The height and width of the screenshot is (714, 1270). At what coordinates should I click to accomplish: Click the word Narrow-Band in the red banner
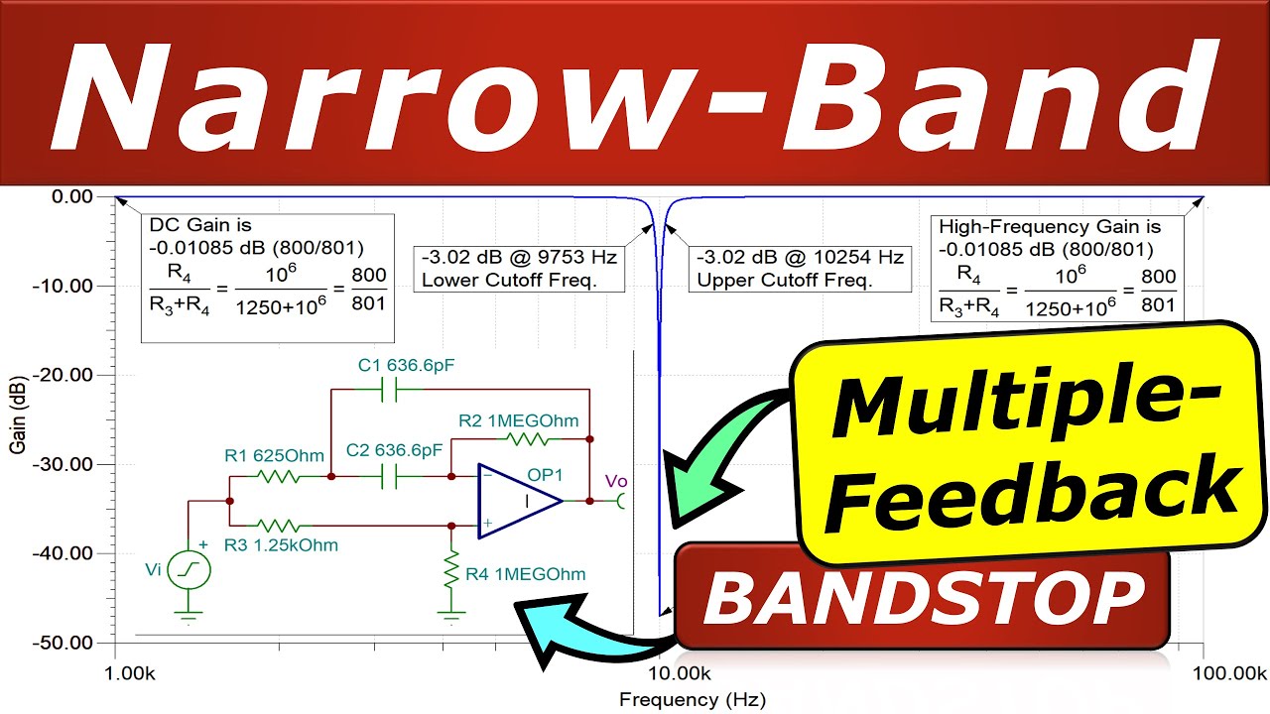click(635, 94)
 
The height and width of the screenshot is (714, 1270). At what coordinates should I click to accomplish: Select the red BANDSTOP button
click(923, 598)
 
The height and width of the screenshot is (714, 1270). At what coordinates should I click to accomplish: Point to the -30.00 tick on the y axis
click(64, 464)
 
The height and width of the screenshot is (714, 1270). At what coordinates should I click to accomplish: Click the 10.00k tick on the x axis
click(659, 673)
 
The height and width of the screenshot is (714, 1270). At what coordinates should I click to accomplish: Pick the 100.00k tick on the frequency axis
click(1203, 673)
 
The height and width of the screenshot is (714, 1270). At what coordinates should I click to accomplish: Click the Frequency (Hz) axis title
click(693, 700)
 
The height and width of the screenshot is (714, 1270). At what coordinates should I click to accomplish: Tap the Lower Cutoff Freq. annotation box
click(520, 269)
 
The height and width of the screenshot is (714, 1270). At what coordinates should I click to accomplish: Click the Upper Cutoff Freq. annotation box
click(800, 269)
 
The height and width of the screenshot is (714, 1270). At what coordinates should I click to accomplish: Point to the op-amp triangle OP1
click(516, 501)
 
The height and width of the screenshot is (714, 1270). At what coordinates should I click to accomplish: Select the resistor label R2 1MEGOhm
click(518, 420)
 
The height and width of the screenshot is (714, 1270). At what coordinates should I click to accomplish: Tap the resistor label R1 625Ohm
click(274, 456)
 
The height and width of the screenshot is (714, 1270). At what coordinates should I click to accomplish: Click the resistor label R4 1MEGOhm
click(527, 573)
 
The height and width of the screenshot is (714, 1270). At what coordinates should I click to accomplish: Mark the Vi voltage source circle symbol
click(189, 570)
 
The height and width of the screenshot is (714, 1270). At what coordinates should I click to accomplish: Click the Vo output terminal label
click(616, 482)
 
